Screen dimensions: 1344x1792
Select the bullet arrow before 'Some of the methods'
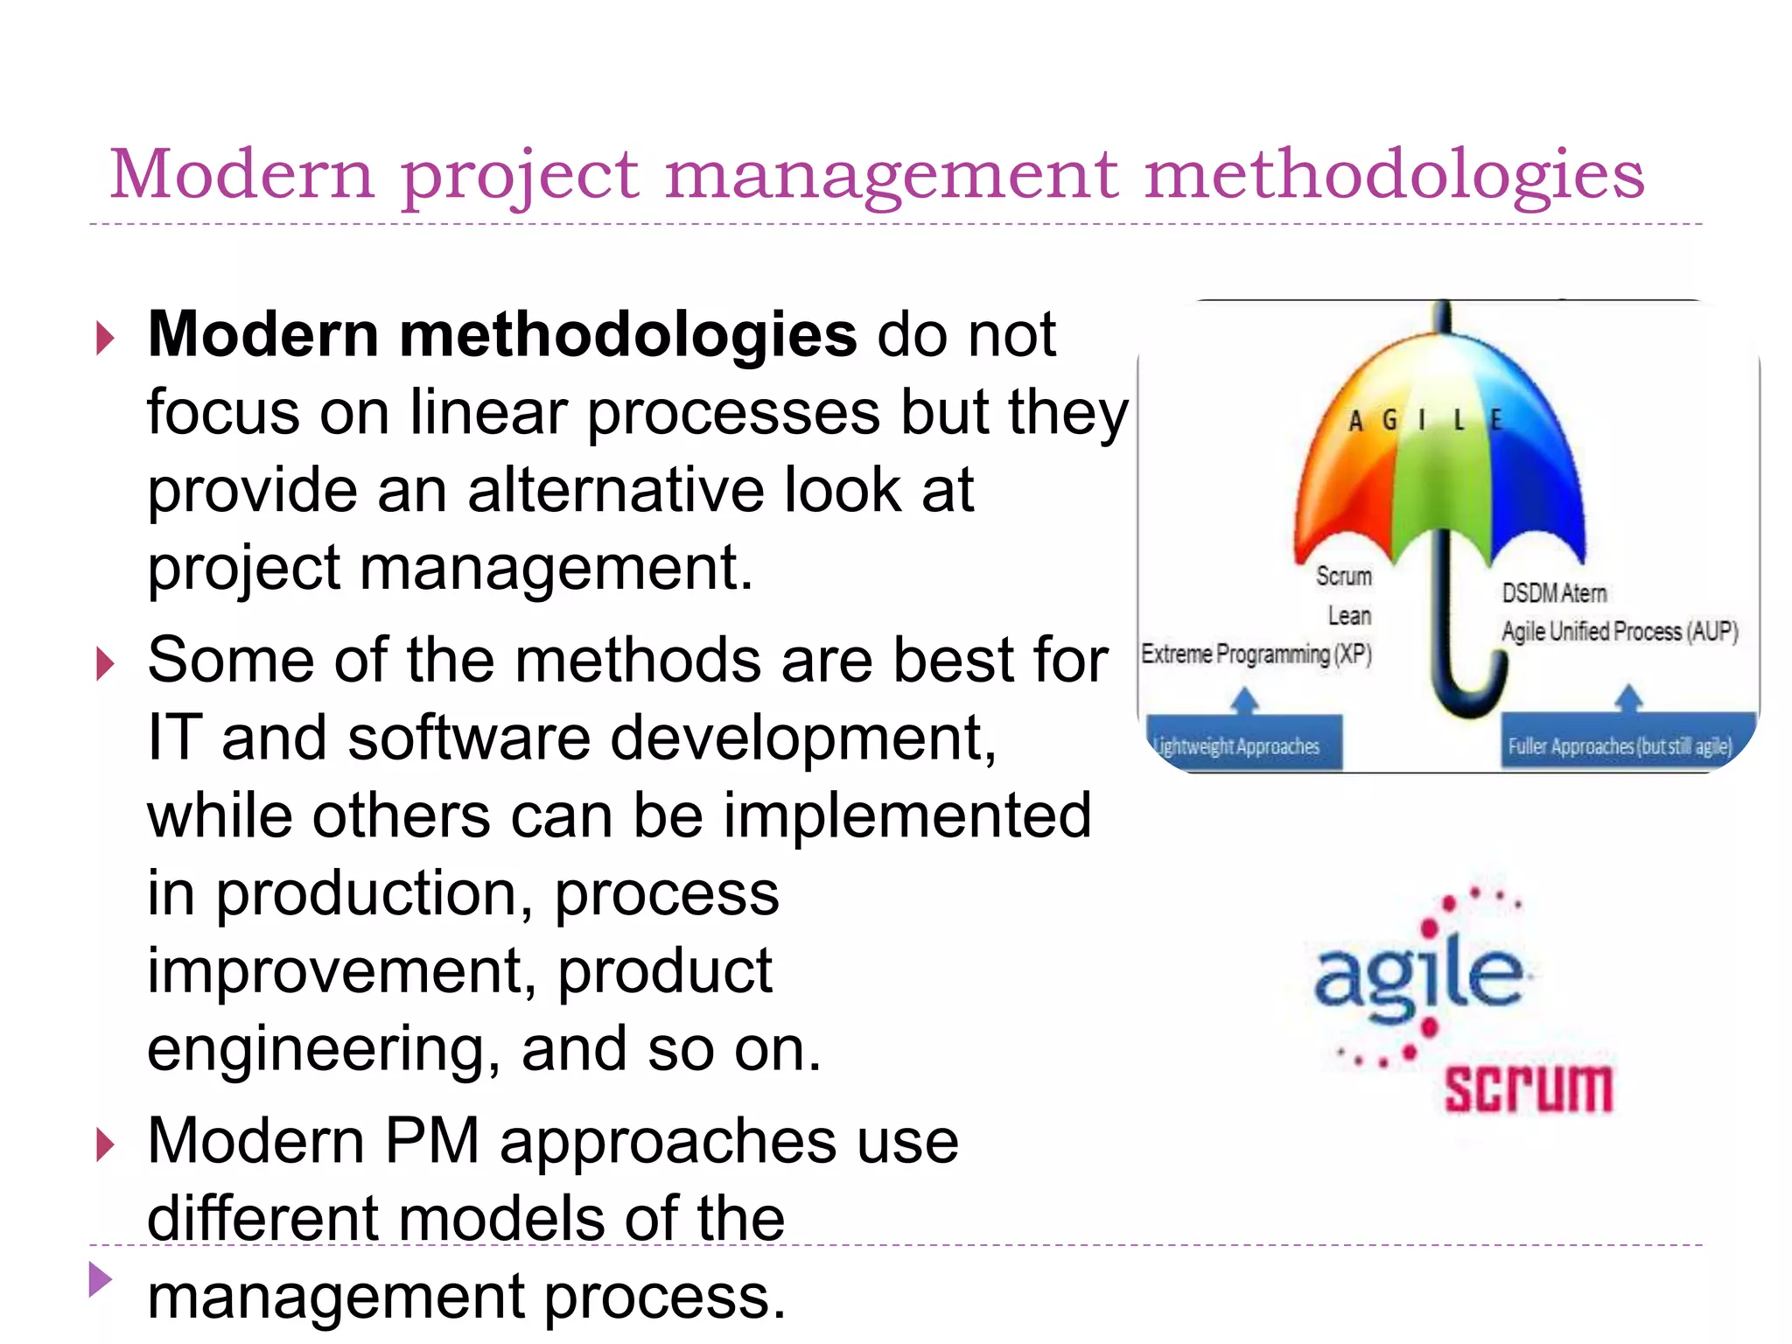105,664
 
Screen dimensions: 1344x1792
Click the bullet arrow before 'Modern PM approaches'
105,1144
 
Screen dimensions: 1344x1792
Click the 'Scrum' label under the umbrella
1343,577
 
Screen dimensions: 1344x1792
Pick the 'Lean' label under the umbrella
1349,616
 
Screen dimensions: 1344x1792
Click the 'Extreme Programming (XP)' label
1256,654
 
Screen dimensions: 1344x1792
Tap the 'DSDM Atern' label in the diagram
1554,593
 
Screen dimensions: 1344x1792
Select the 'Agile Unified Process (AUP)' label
1620,632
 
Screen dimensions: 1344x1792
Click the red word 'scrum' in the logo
1528,1089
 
